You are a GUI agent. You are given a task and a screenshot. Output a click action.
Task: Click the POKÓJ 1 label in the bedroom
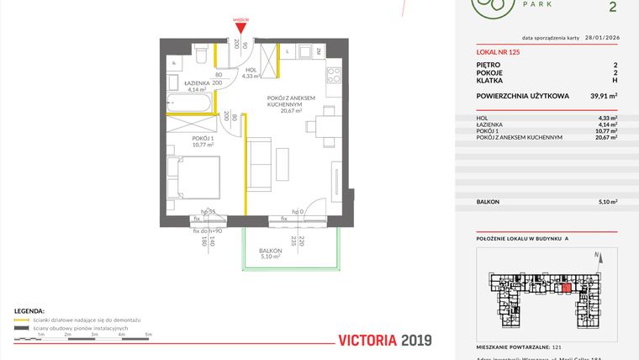point(203,140)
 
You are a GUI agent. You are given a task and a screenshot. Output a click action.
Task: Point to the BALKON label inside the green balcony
point(270,251)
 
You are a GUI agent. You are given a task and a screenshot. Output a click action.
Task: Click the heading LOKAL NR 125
point(498,52)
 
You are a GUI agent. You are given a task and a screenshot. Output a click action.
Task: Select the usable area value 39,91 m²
point(603,96)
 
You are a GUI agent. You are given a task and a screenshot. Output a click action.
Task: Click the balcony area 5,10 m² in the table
point(606,202)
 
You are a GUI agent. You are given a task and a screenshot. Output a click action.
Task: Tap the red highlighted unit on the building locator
point(566,288)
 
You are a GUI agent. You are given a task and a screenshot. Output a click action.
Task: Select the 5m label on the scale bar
point(148,335)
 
